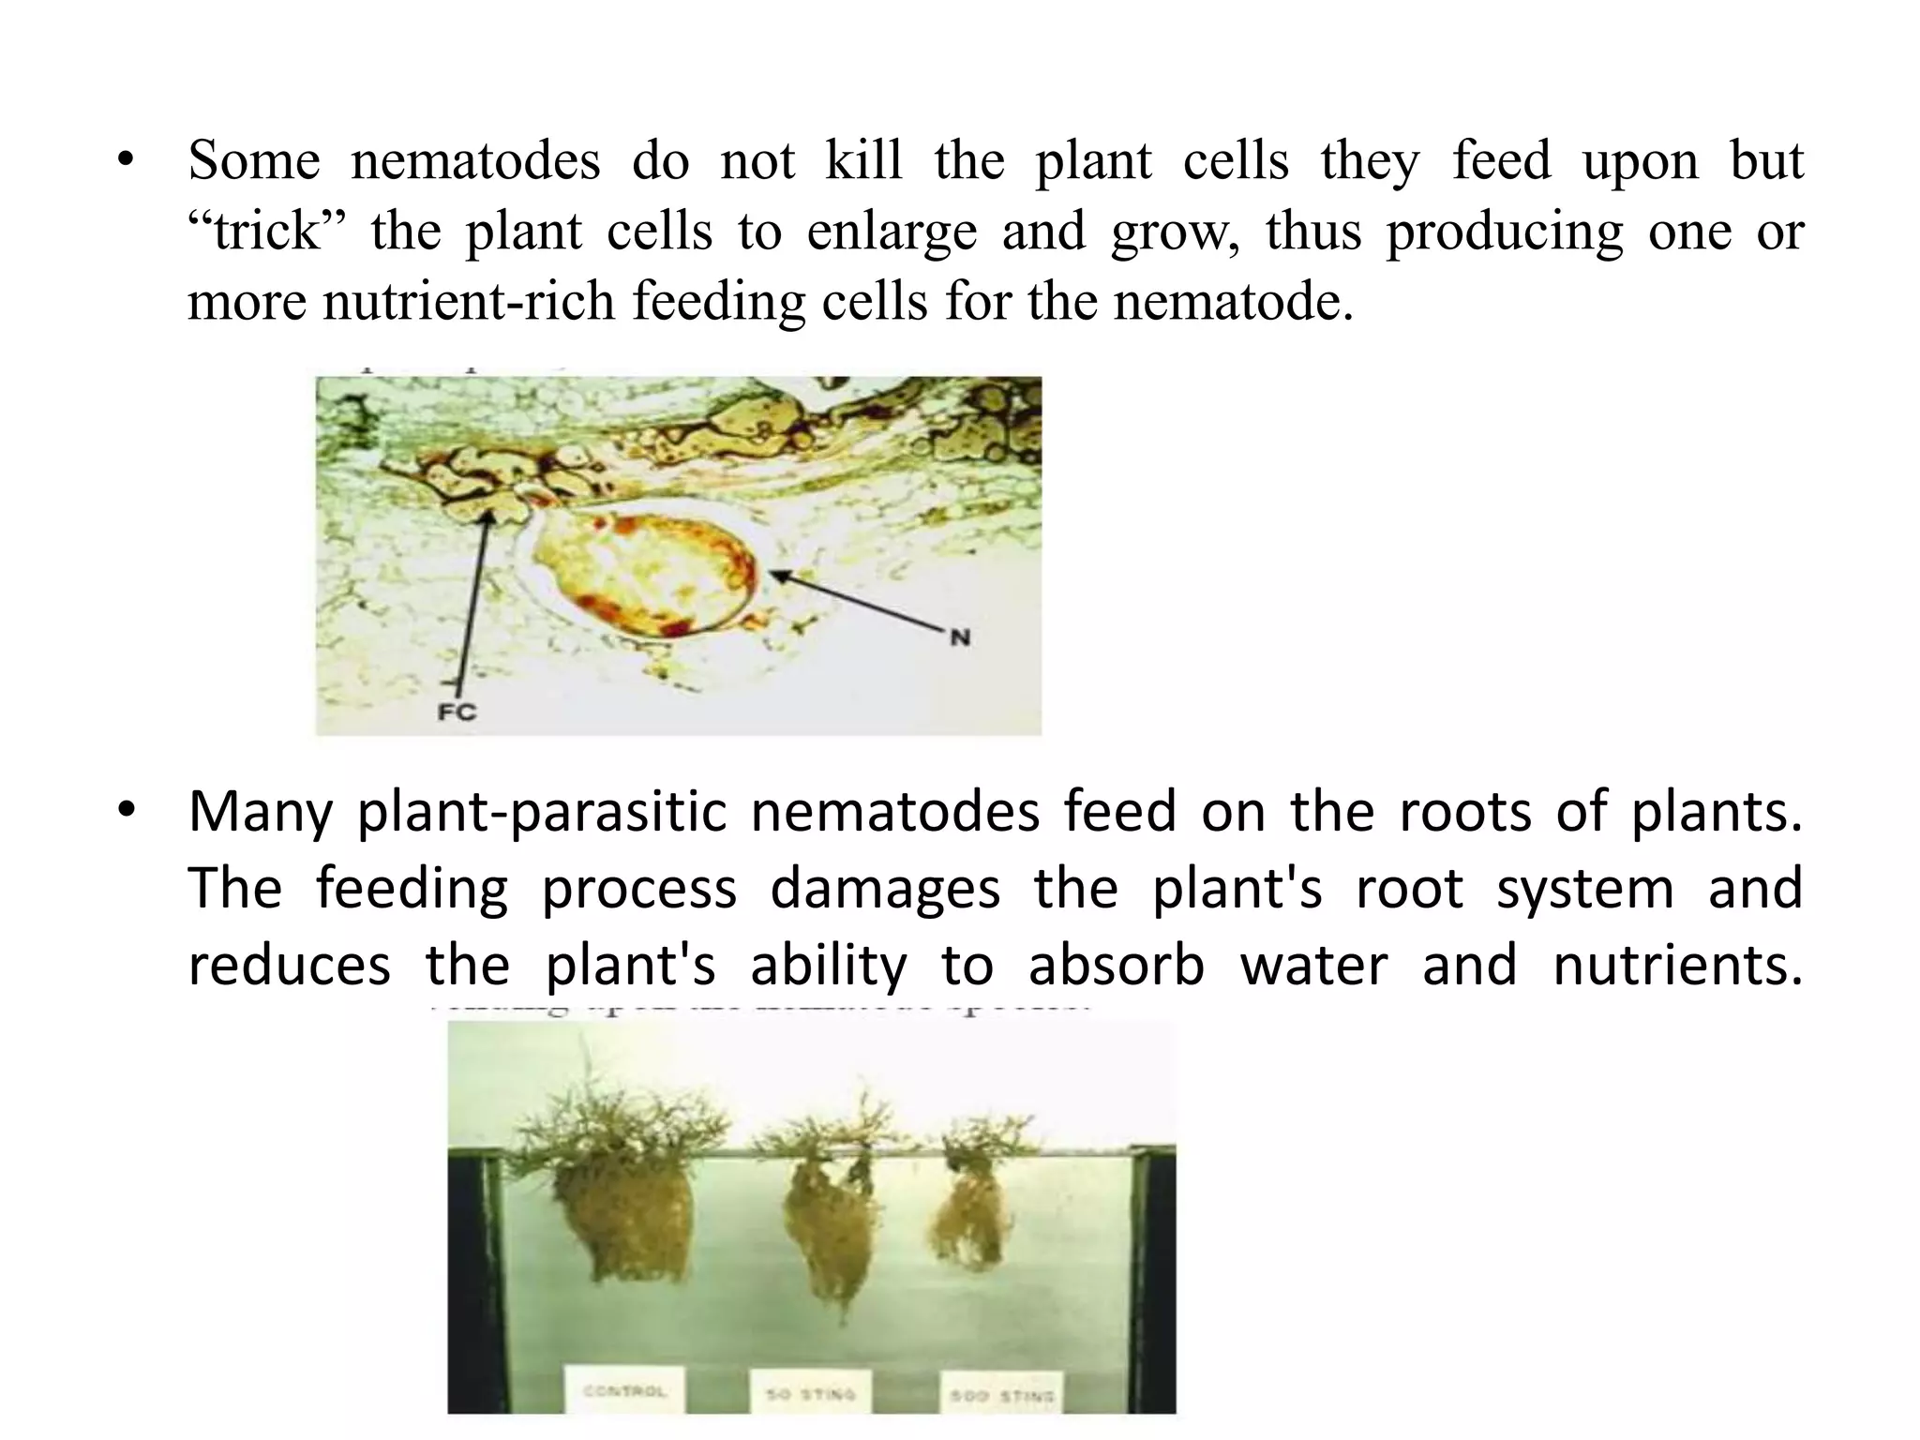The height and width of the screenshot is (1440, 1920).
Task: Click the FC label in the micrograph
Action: (457, 712)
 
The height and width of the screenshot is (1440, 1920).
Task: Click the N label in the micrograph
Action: (960, 638)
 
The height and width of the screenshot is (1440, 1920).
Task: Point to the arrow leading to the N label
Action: (858, 601)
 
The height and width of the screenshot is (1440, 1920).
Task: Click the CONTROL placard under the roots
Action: (624, 1392)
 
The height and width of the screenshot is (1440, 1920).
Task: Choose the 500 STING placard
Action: (1001, 1395)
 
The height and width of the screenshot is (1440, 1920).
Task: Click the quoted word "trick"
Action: (266, 231)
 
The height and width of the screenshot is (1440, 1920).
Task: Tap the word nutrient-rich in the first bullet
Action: (469, 302)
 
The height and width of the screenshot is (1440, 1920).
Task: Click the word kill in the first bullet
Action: (863, 160)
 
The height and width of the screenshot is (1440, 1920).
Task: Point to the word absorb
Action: (1116, 966)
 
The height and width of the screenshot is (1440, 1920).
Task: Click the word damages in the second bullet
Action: (885, 889)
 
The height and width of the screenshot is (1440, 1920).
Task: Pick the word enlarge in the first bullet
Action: (892, 232)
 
